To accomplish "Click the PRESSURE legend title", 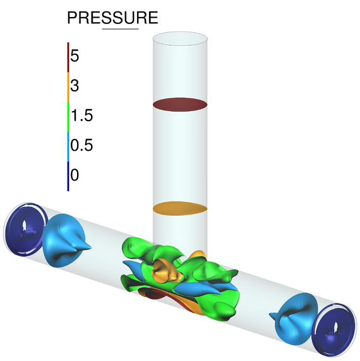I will click(x=112, y=18).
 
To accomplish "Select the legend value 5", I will click(x=75, y=56).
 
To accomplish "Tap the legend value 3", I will click(x=75, y=86).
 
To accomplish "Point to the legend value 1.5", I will click(x=82, y=115).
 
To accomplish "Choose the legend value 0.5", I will click(x=82, y=145).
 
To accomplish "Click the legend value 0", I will click(x=75, y=175).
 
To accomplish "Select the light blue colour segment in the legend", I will click(x=68, y=145).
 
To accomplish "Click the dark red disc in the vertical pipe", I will click(x=181, y=104).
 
